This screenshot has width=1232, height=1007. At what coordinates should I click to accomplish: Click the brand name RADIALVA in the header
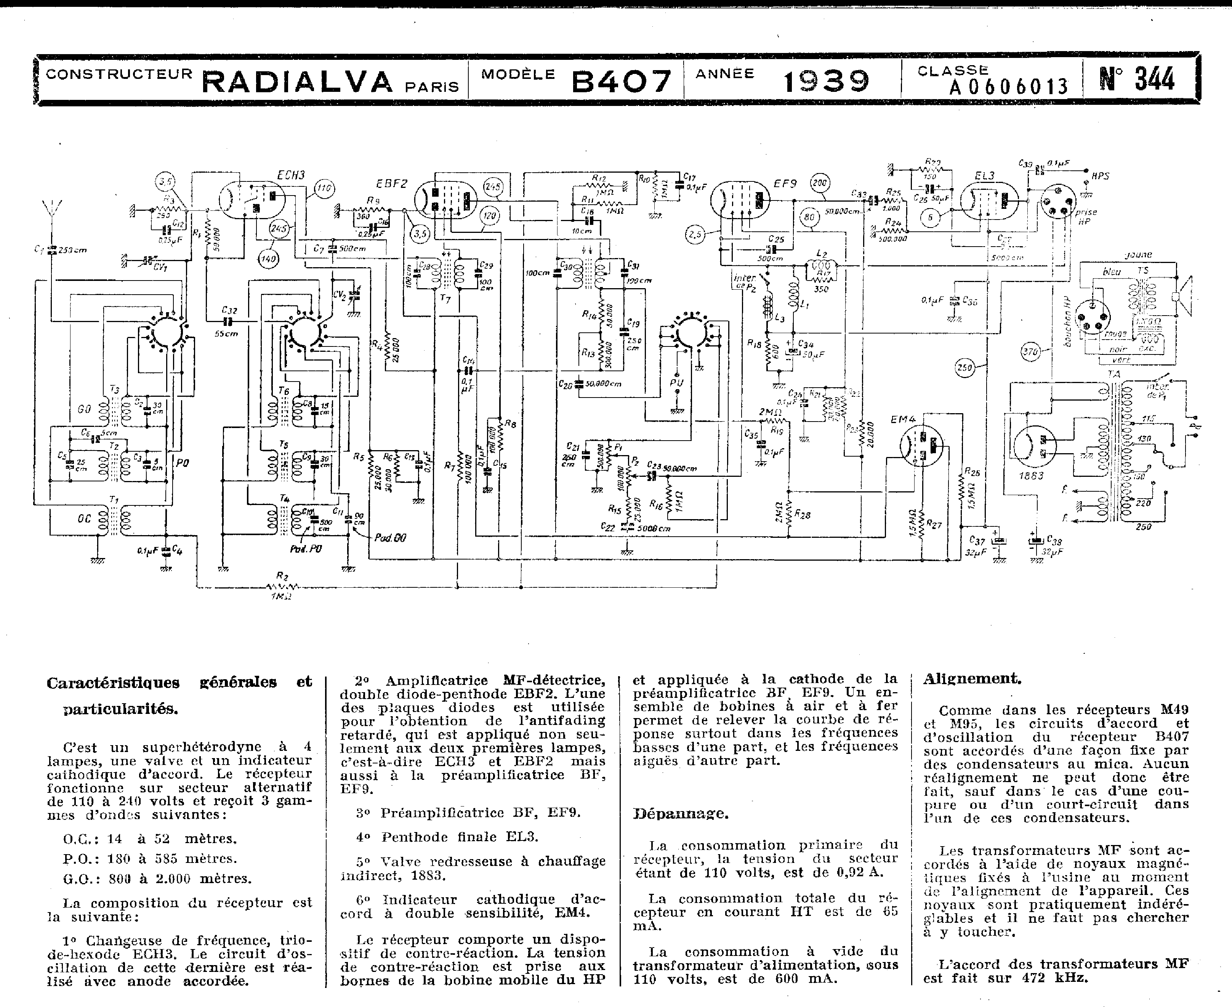297,82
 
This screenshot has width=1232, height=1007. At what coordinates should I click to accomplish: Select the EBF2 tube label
391,184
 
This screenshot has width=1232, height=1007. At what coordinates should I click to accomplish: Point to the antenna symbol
51,209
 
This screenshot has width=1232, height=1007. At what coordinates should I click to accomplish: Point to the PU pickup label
676,382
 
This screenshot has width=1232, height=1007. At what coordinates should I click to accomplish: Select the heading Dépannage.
680,813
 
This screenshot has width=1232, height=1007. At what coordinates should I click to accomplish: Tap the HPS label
1100,176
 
